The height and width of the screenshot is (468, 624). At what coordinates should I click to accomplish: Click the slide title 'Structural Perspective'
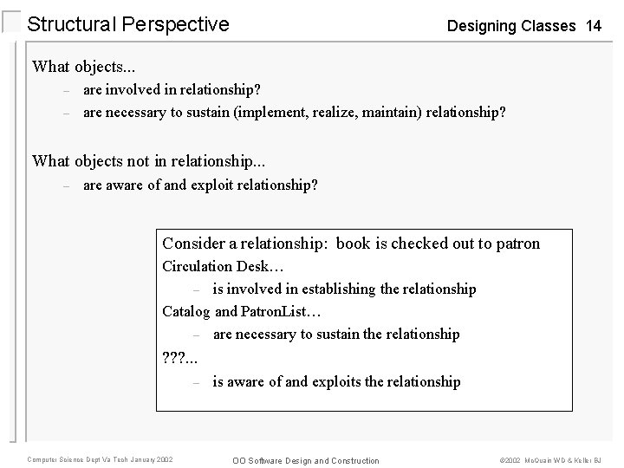[x=128, y=24]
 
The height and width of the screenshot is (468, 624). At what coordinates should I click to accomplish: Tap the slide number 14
[x=593, y=26]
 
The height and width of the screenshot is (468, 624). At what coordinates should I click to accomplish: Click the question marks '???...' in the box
[x=179, y=356]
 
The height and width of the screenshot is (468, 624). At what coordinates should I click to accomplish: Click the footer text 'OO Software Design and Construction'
[x=308, y=460]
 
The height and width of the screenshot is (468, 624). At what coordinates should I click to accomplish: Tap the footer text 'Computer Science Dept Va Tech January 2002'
[x=100, y=459]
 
